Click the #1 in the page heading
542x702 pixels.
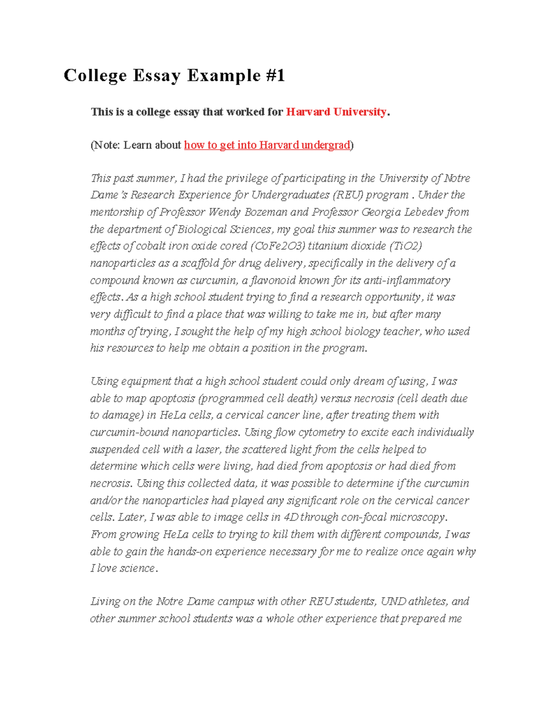272,75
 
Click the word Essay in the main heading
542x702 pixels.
156,75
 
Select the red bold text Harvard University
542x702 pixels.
336,112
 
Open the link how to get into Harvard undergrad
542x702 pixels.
267,145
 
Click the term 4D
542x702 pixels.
291,517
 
